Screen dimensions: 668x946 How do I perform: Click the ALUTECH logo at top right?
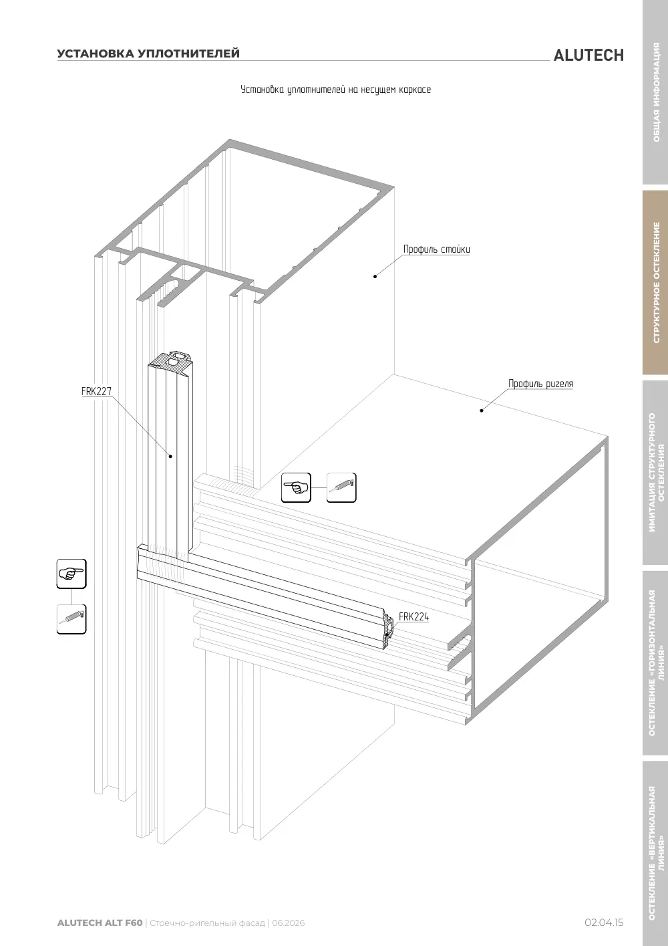coord(589,55)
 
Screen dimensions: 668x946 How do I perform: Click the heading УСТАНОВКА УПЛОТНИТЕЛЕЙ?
coord(148,53)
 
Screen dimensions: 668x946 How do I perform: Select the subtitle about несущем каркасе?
coord(335,90)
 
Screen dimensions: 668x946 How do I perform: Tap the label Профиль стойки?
coord(436,249)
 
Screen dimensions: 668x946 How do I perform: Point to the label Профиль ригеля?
coord(540,384)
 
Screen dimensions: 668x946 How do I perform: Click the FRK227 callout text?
coord(97,391)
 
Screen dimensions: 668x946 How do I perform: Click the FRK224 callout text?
coord(413,616)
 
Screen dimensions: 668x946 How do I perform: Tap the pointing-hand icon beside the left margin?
coord(71,574)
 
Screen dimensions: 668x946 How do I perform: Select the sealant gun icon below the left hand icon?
coord(71,619)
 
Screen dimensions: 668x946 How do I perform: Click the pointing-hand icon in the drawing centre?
coord(296,488)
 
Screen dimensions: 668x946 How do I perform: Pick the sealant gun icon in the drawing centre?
coord(341,488)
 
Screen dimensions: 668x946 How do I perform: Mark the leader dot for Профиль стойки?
coord(375,276)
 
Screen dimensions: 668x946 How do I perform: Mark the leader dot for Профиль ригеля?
coord(482,410)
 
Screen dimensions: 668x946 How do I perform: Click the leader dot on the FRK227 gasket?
coord(170,456)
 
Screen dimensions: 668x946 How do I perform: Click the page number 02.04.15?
coord(604,923)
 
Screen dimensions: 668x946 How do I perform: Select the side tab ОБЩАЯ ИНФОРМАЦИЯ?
coord(656,92)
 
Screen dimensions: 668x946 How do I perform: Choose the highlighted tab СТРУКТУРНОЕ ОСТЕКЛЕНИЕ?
coord(656,282)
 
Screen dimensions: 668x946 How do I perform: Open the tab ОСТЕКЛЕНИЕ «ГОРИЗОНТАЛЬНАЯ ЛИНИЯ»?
coord(656,663)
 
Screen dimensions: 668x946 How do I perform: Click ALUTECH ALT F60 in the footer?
coord(100,923)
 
